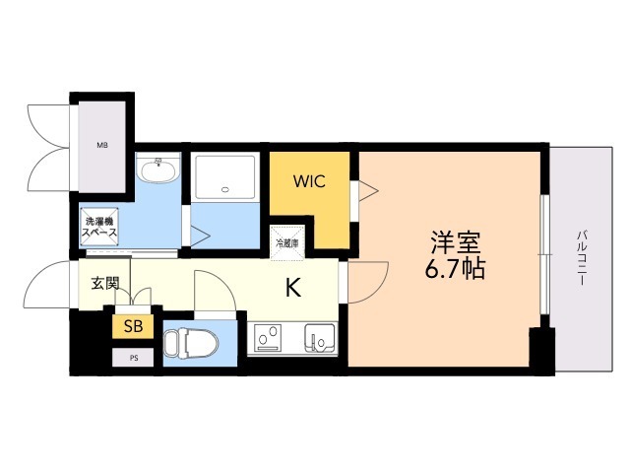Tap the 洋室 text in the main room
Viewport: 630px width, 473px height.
[x=454, y=241]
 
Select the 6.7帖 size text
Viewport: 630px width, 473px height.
[x=455, y=268]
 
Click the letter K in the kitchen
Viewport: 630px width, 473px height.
[x=292, y=289]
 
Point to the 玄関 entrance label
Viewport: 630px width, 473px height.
[x=105, y=284]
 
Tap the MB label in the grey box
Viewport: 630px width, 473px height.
[x=101, y=146]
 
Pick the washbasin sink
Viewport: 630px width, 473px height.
[x=157, y=172]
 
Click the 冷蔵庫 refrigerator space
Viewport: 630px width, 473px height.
[x=287, y=242]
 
